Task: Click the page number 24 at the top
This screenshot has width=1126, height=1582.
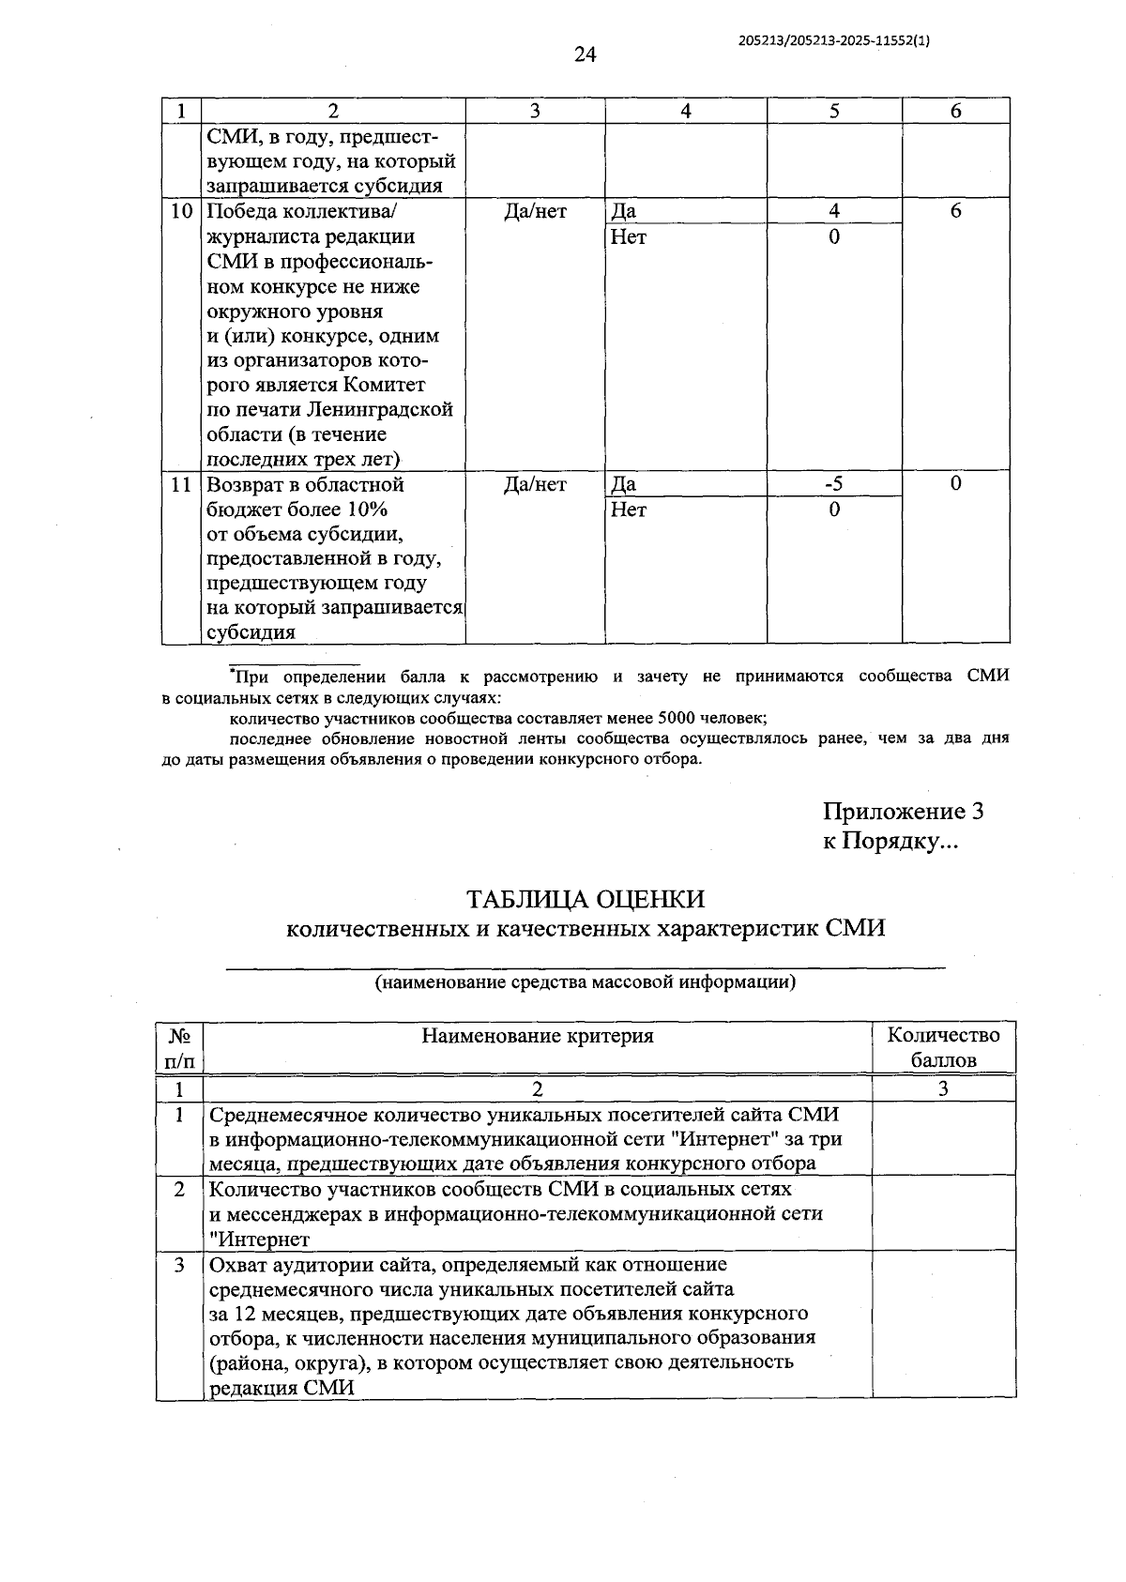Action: click(x=585, y=55)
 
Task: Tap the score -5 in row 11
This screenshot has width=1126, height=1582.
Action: click(x=833, y=484)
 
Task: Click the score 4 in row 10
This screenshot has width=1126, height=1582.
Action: click(x=833, y=211)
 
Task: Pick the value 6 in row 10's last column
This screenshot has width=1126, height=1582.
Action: click(x=955, y=211)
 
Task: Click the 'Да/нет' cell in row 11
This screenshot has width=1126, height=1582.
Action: click(x=535, y=485)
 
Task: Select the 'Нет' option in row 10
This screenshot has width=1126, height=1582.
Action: click(x=628, y=237)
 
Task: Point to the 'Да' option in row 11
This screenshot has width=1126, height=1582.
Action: click(x=623, y=485)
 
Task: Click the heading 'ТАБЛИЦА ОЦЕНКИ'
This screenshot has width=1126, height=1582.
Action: click(x=586, y=899)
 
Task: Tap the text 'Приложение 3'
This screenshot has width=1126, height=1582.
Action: click(x=903, y=812)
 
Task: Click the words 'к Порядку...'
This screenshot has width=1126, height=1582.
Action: click(x=890, y=842)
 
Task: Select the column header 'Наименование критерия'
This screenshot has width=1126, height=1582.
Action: click(x=537, y=1036)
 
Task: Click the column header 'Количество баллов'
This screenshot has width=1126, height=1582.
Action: click(x=943, y=1047)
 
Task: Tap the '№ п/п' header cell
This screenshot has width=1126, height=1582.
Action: click(x=180, y=1047)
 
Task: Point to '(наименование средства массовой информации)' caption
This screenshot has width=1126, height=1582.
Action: click(x=586, y=982)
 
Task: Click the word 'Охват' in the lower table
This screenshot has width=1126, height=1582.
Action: click(x=239, y=1265)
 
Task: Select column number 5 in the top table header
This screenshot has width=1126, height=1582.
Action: click(x=833, y=111)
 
